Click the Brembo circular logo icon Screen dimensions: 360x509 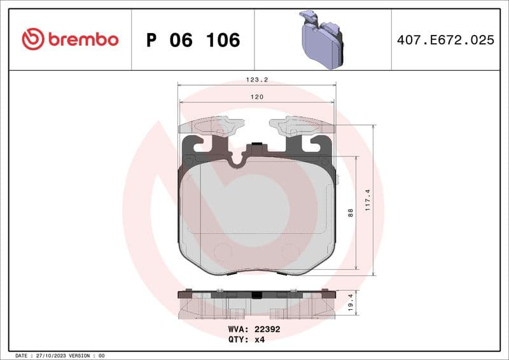(32, 39)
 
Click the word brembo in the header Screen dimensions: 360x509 (83, 39)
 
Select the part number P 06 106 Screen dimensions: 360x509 (193, 40)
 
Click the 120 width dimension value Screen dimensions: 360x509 (256, 97)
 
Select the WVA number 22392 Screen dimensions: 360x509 (267, 329)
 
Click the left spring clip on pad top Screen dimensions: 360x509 (212, 126)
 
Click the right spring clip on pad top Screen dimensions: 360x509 (302, 126)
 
